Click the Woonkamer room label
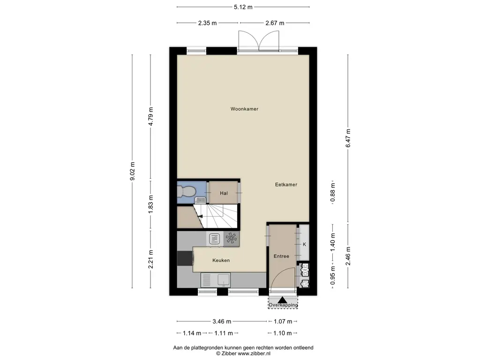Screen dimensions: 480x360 (244, 109)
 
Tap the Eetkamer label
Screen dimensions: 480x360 (286, 185)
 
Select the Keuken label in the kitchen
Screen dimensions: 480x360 (221, 260)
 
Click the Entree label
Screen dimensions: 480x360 (281, 256)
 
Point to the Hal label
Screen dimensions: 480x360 (224, 193)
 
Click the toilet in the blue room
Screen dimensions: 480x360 (186, 192)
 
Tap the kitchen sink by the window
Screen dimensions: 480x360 (216, 280)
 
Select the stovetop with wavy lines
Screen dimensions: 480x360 (215, 239)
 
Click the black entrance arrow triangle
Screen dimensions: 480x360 (282, 300)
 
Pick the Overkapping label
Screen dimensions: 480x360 (283, 305)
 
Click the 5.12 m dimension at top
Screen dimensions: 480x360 (243, 7)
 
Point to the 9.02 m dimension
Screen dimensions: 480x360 (132, 171)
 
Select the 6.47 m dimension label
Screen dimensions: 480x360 (348, 138)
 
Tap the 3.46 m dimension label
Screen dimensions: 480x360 (222, 322)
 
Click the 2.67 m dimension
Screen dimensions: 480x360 (275, 23)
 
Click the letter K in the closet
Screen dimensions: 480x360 (304, 244)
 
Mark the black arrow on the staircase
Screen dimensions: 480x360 (200, 217)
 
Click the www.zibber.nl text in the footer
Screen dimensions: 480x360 (254, 353)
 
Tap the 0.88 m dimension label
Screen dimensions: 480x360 (333, 193)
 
